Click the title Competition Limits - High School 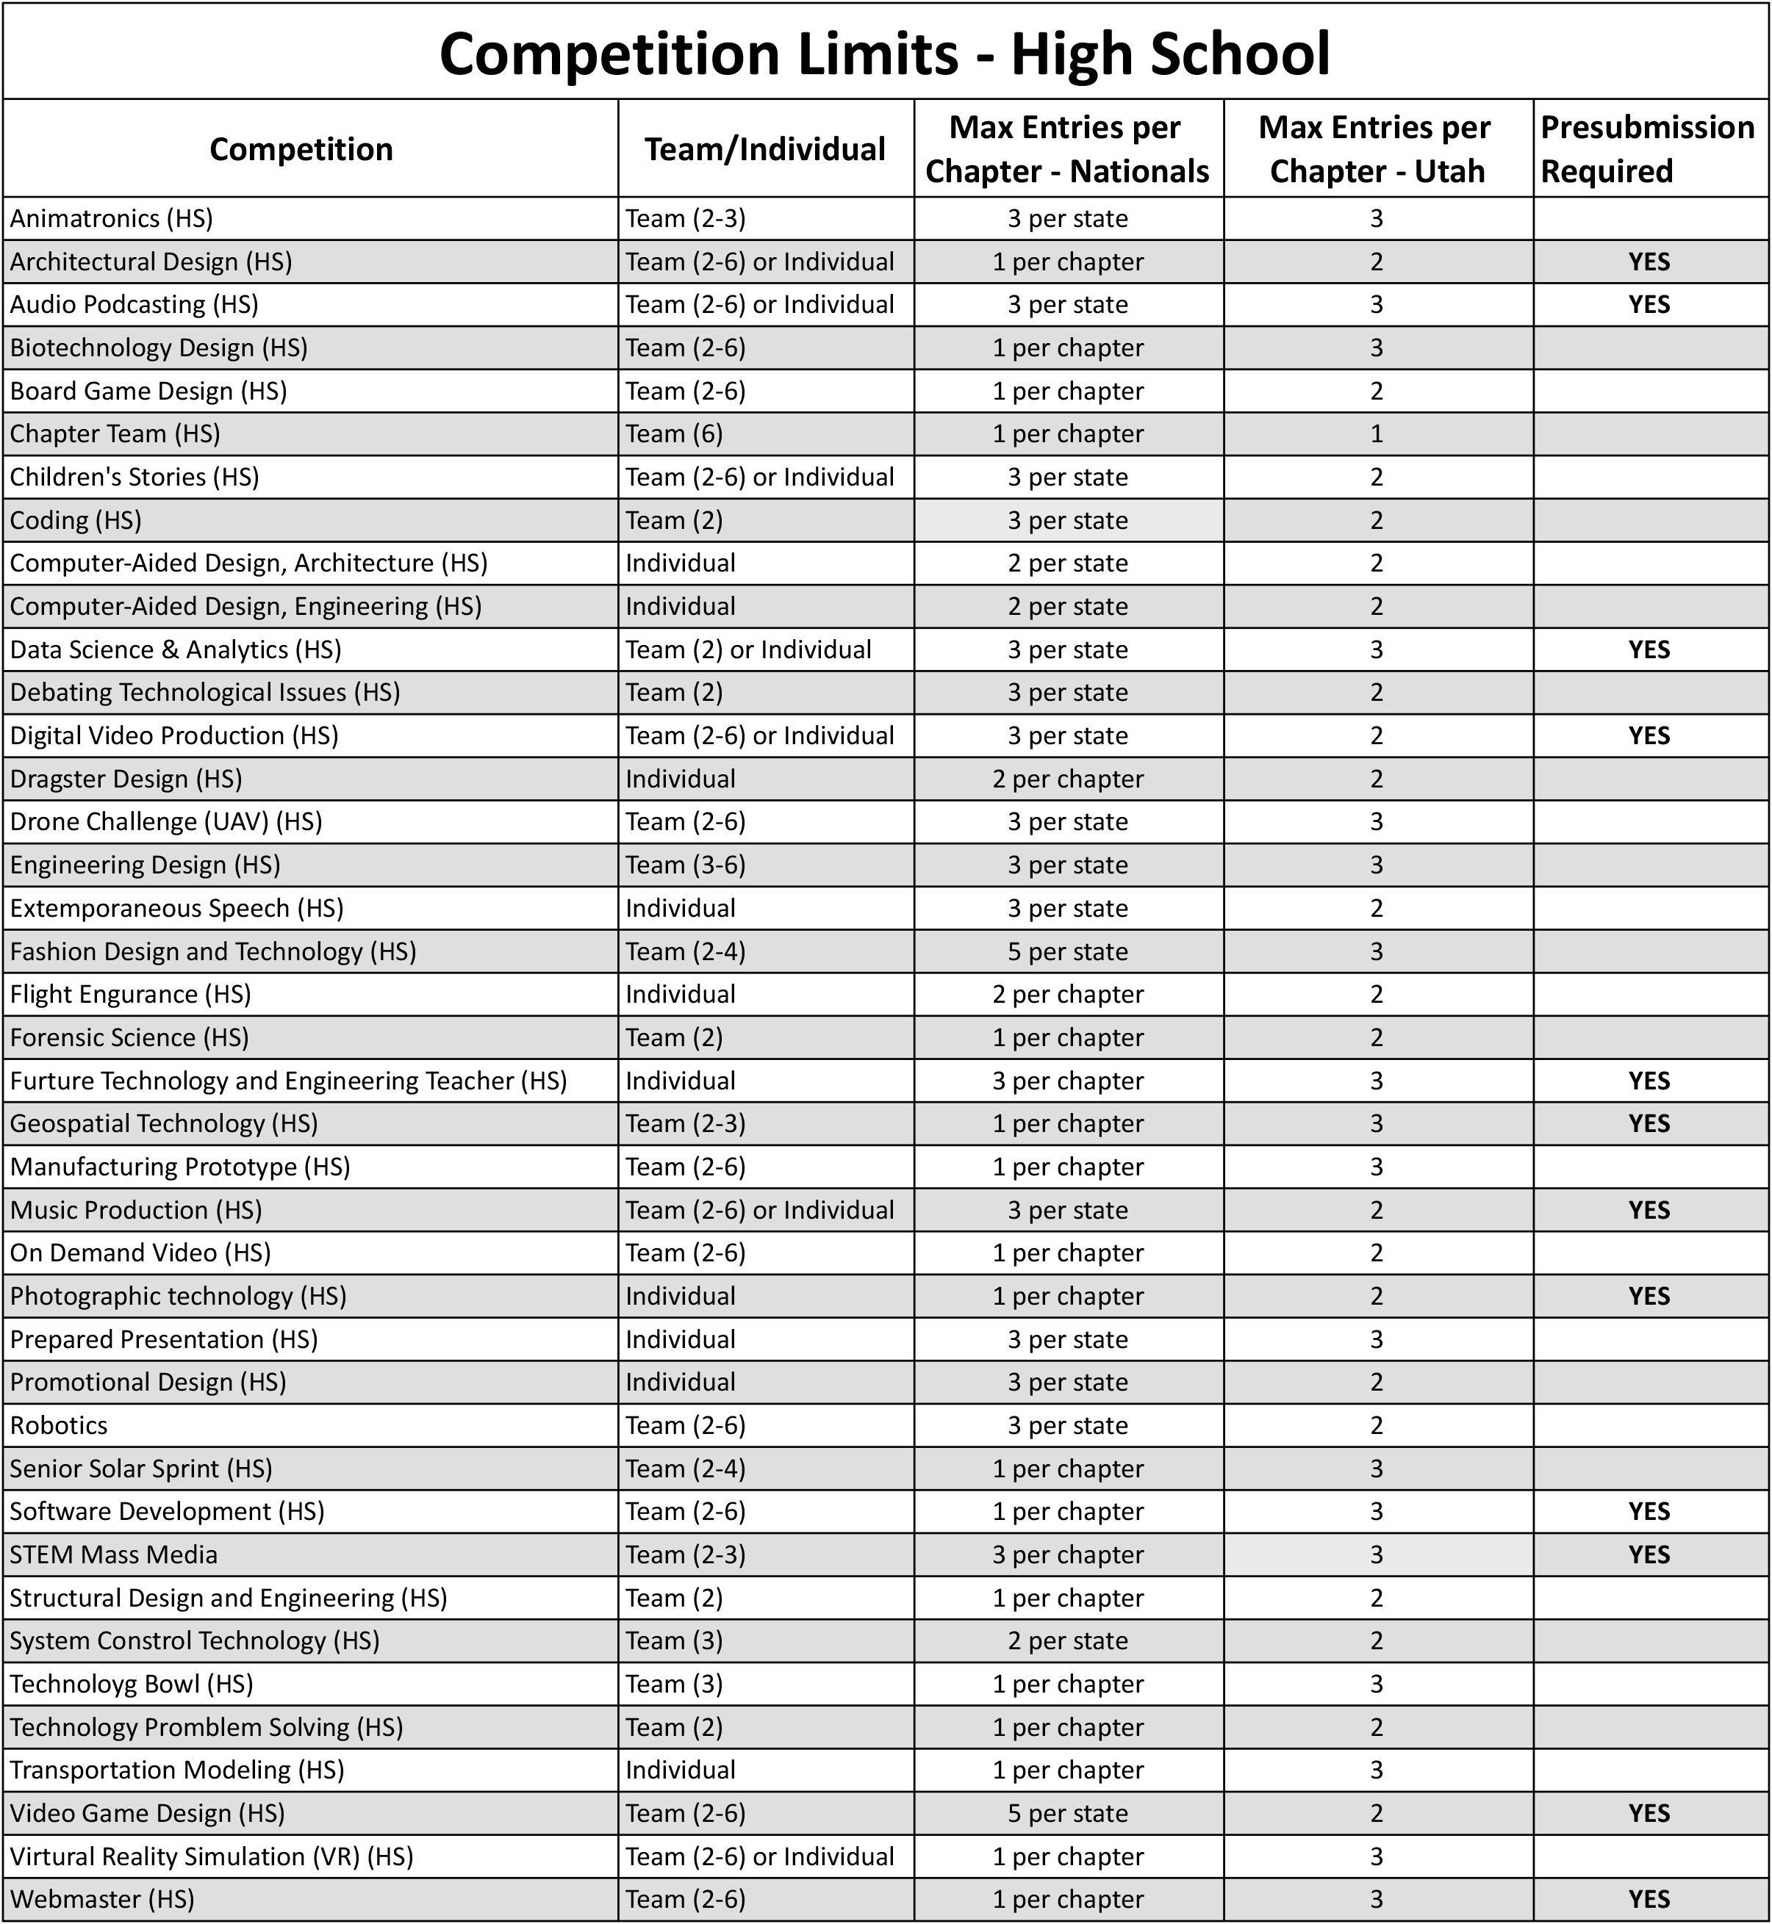click(884, 54)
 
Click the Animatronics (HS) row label click(111, 219)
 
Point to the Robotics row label click(59, 1424)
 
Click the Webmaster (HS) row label click(101, 1898)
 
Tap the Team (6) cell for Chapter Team click(674, 433)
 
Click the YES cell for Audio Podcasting click(1649, 304)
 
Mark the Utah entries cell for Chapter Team click(1376, 433)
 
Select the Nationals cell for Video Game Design click(1067, 1813)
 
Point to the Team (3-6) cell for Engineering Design click(686, 865)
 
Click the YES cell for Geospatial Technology click(1649, 1123)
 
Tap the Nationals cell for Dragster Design click(1067, 779)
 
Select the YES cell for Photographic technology click(1649, 1295)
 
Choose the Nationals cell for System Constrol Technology click(1067, 1640)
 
